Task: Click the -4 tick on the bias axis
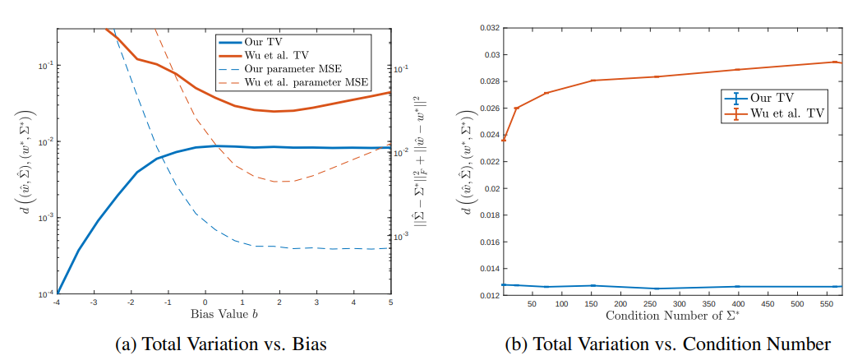tap(57, 302)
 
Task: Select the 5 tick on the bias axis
tap(390, 302)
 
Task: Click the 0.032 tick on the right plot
tap(485, 29)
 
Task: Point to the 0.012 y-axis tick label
tap(485, 294)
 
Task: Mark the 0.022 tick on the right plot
tap(485, 161)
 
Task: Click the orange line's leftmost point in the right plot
tap(504, 140)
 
